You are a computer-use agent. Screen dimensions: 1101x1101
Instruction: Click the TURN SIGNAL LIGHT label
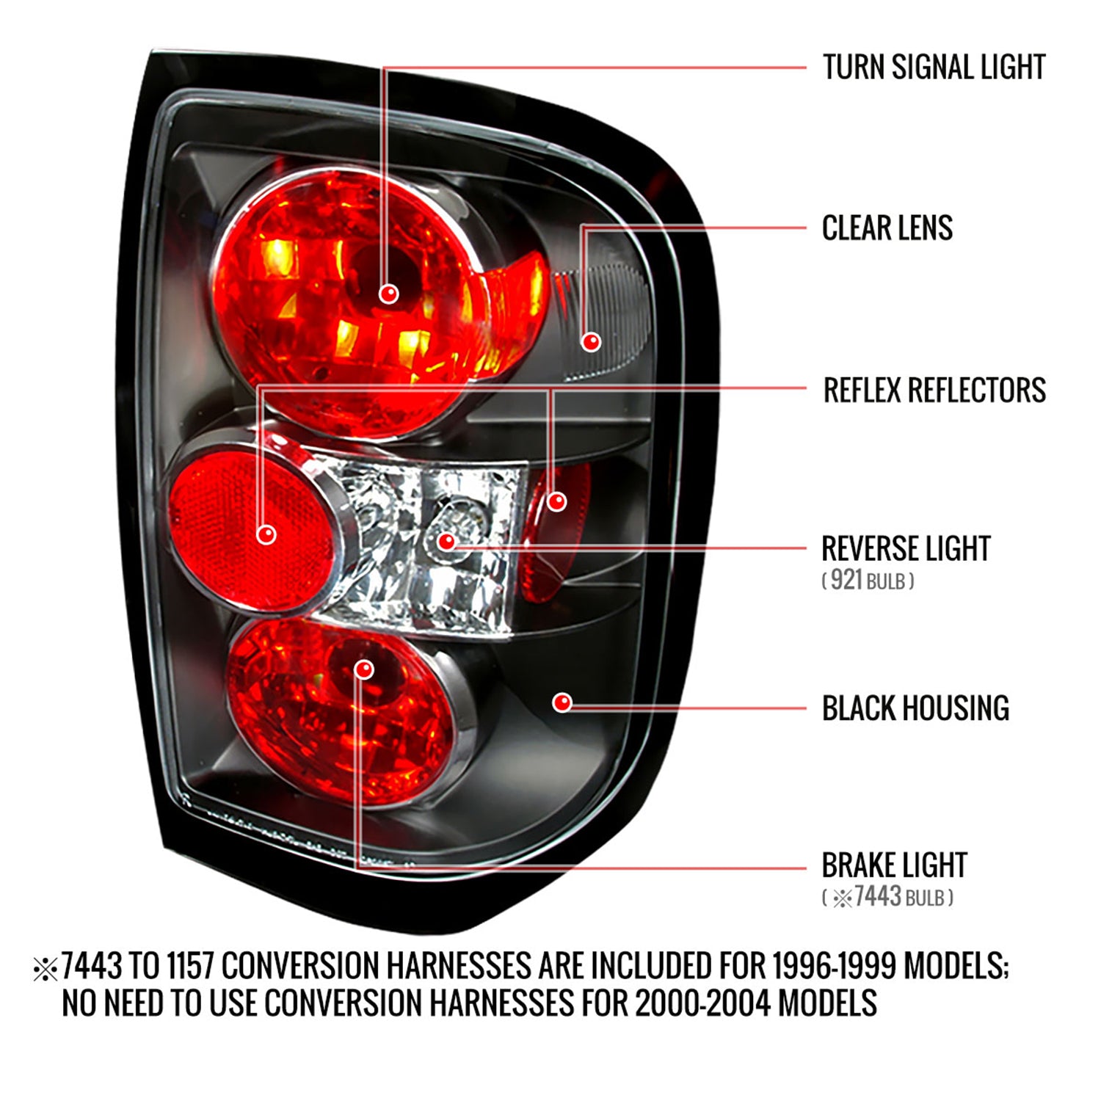[x=933, y=68]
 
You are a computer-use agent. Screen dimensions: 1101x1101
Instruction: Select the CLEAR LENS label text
[x=887, y=228]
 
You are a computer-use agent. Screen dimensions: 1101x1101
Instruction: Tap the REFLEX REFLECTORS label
[x=934, y=390]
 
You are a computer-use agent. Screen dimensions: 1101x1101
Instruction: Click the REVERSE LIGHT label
[x=905, y=549]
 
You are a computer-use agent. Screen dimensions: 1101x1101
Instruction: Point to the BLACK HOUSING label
[x=915, y=708]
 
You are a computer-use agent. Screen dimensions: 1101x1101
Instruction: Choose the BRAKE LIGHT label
[x=893, y=865]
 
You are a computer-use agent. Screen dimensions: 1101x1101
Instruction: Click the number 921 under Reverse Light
[x=846, y=581]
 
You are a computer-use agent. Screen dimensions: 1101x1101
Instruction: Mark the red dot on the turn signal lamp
[x=388, y=294]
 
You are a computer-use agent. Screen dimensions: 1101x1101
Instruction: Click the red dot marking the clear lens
[x=591, y=341]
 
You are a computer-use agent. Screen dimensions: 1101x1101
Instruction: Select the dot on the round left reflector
[x=266, y=534]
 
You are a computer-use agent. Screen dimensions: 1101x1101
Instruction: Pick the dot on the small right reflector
[x=557, y=501]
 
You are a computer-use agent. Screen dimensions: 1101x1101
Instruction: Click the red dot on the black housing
[x=562, y=702]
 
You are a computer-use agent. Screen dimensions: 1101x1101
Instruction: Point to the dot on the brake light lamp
[x=364, y=669]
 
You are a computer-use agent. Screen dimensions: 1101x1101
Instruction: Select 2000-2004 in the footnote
[x=702, y=1003]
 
